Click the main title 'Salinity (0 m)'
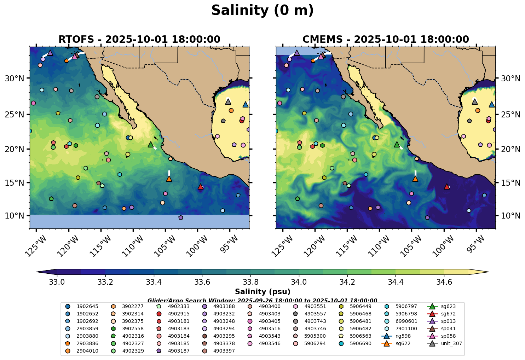coord(262,11)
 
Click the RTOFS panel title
coord(139,39)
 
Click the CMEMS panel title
coord(386,39)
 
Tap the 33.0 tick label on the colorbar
coord(56,282)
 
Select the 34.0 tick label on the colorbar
coord(299,282)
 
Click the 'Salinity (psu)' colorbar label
coord(262,292)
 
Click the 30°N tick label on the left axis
coord(15,78)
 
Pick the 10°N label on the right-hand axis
coord(510,216)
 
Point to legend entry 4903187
coord(179,351)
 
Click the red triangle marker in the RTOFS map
coord(201,186)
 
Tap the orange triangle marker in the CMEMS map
coord(415,179)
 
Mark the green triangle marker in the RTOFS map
coord(151,144)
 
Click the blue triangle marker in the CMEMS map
coord(492,104)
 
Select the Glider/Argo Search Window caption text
coord(262,301)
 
